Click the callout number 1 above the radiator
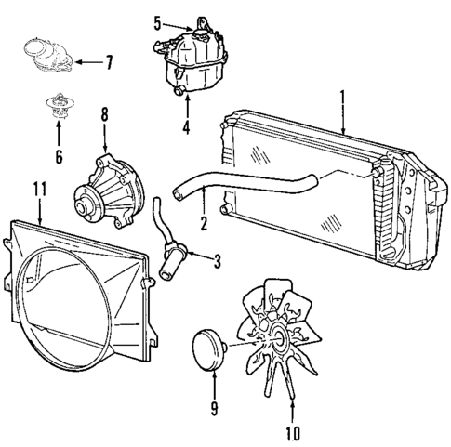tap(343, 96)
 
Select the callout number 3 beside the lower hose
tap(218, 262)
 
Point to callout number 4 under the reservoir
tap(186, 126)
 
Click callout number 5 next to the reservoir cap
tap(157, 22)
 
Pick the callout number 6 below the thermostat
tap(59, 155)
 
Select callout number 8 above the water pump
tap(104, 117)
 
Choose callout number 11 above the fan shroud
tap(38, 190)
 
